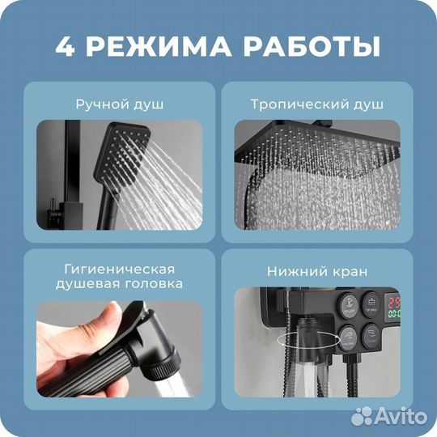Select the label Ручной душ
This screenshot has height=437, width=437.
click(119, 104)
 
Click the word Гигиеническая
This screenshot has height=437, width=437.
click(119, 269)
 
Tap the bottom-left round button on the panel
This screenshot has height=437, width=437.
click(348, 335)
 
